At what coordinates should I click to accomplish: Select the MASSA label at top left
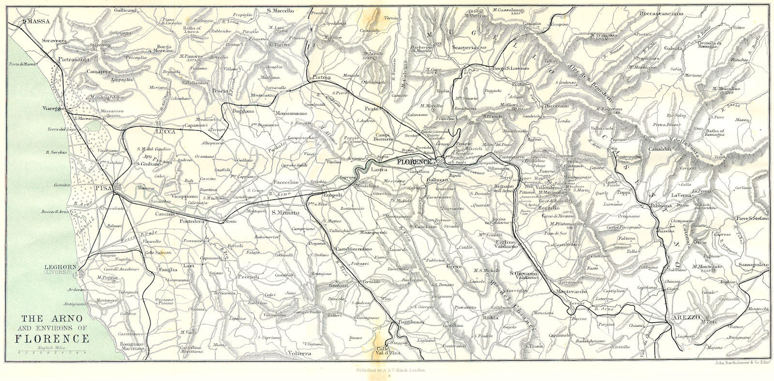39,21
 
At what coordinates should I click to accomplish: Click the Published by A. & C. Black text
387,370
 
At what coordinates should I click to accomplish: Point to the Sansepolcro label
753,265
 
